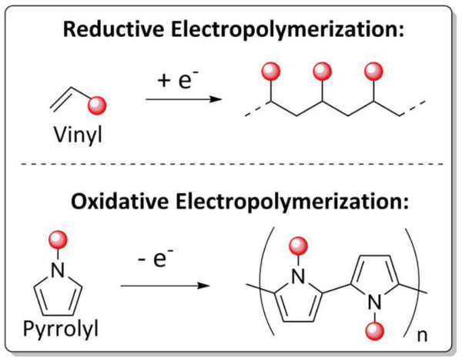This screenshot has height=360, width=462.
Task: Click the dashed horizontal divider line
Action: coord(231,165)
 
